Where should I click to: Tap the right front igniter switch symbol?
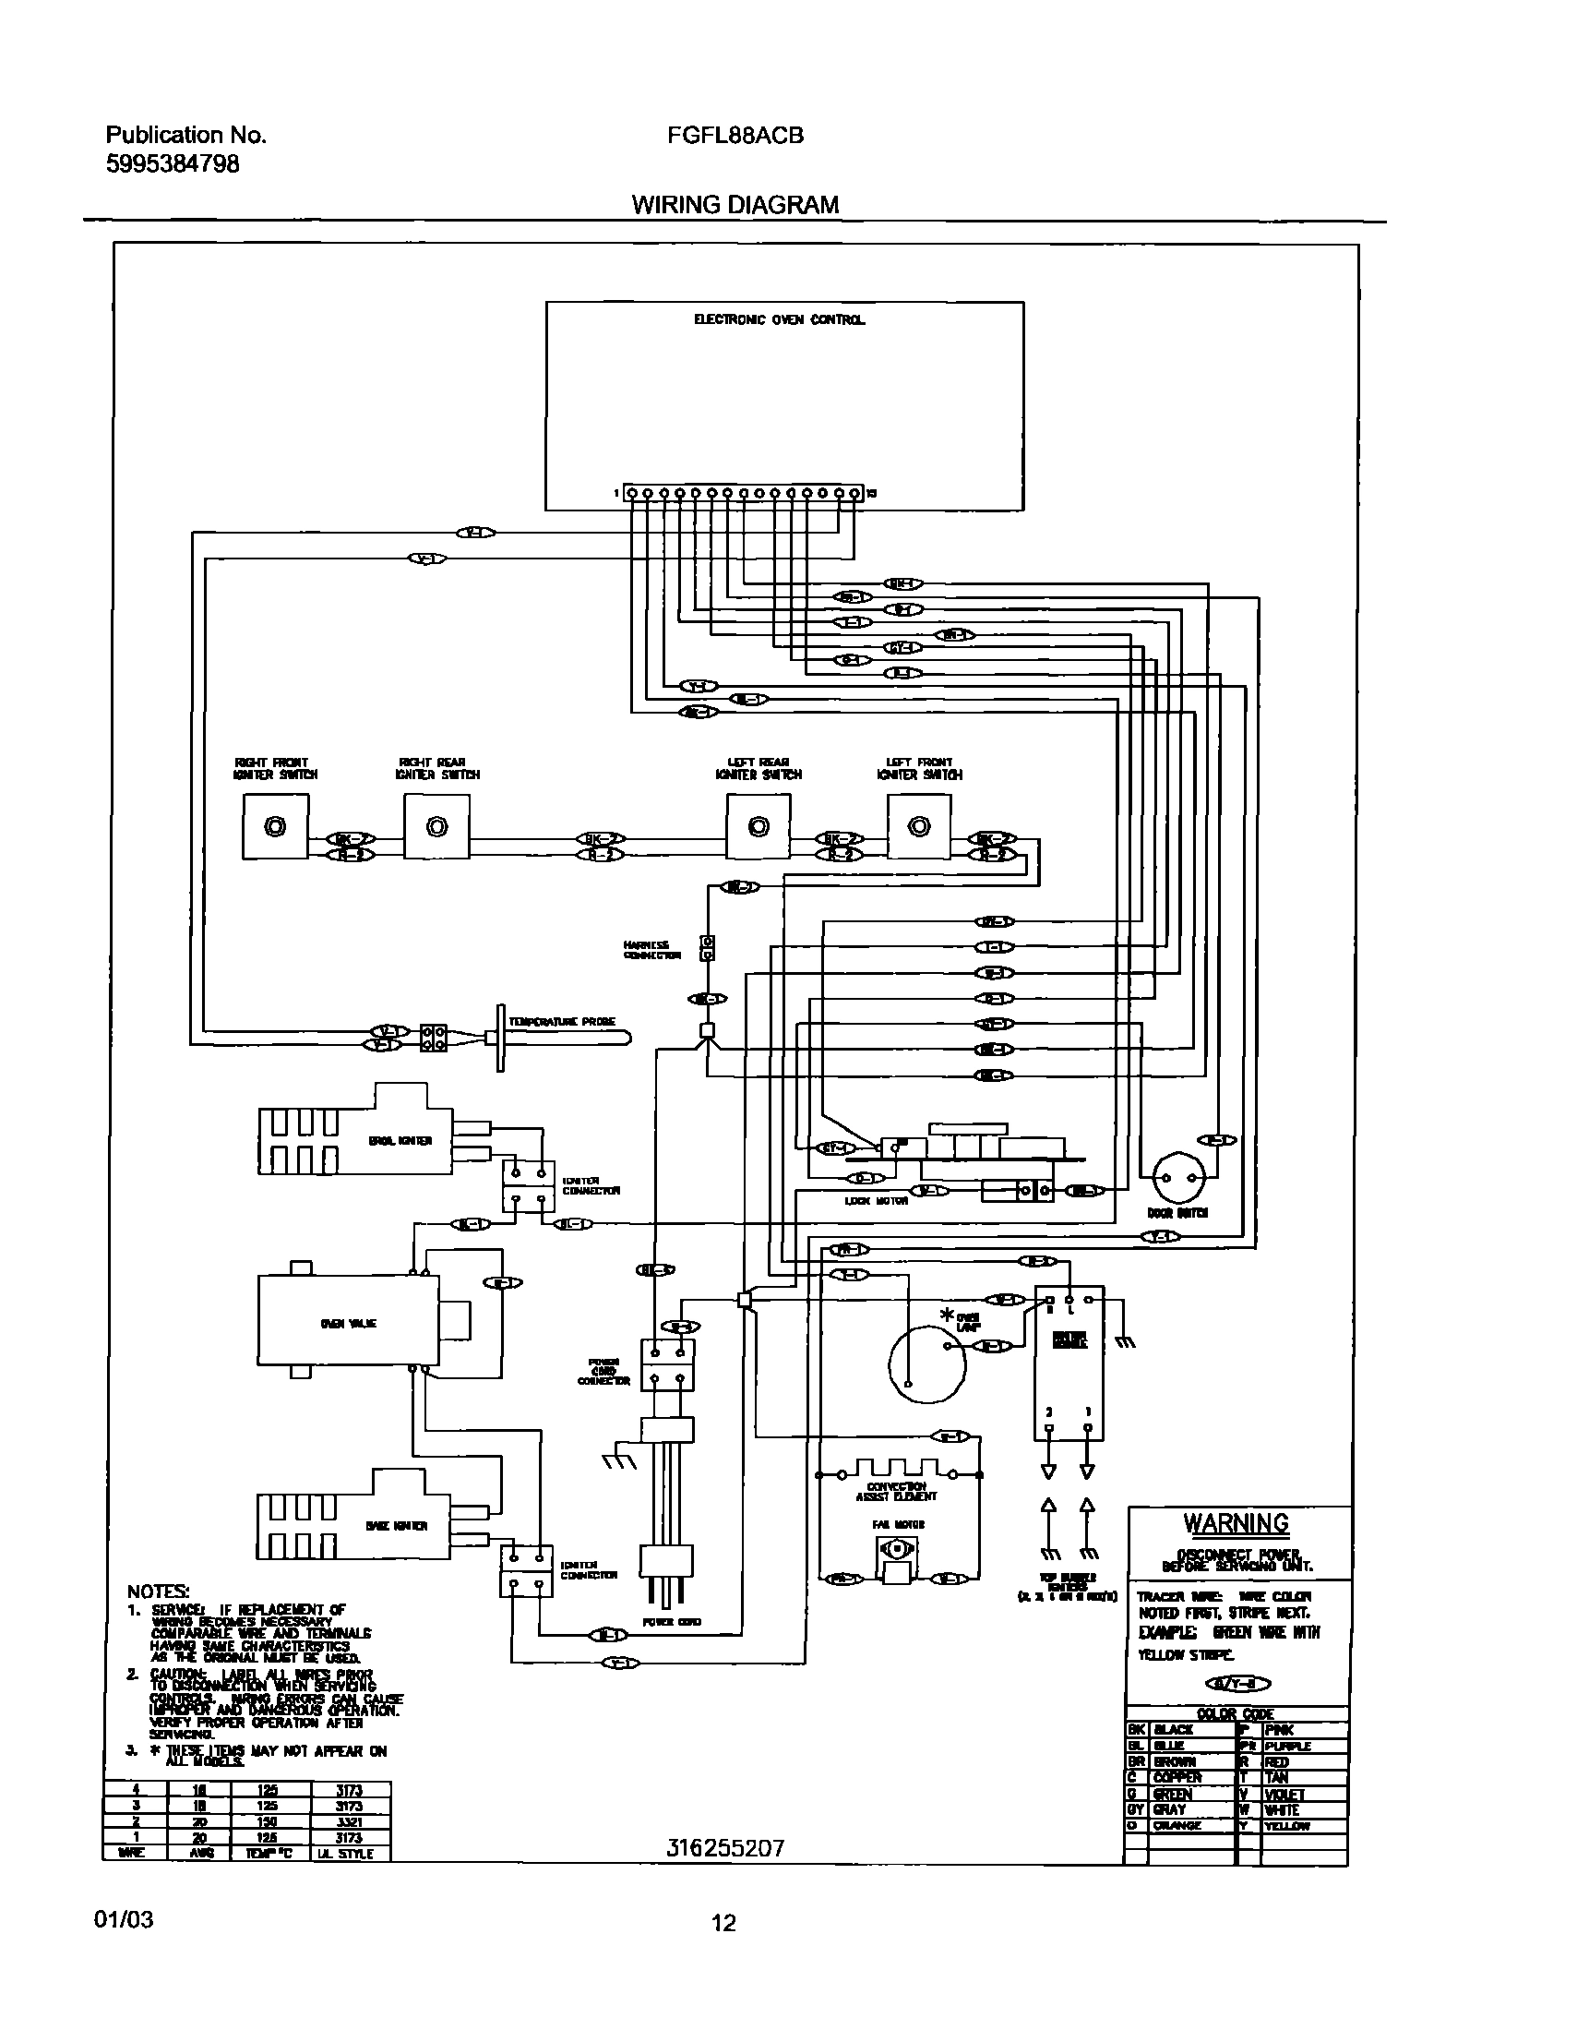click(275, 827)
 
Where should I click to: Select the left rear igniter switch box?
click(758, 827)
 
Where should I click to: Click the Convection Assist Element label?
click(895, 1491)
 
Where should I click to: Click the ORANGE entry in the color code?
click(1177, 1826)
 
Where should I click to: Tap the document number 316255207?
click(725, 1848)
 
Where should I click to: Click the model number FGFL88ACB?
click(735, 136)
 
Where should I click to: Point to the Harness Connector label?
click(651, 950)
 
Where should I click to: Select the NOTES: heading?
click(158, 1592)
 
